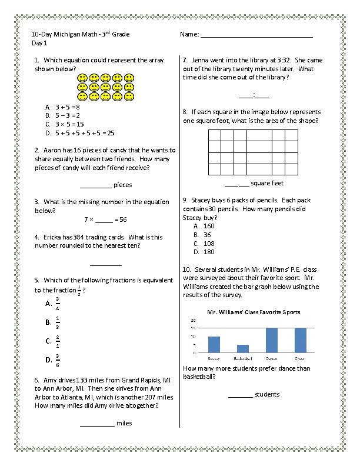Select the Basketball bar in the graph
pos(242,348)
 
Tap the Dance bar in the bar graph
pos(271,340)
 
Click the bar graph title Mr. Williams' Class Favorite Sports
pos(253,312)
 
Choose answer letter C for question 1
pos(47,124)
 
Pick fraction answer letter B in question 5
pos(48,322)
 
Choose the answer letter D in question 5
pos(48,360)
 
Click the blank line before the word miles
pos(97,424)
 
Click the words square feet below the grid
pos(267,183)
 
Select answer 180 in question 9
pos(209,252)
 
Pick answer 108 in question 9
pos(209,243)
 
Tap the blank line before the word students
pos(240,396)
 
